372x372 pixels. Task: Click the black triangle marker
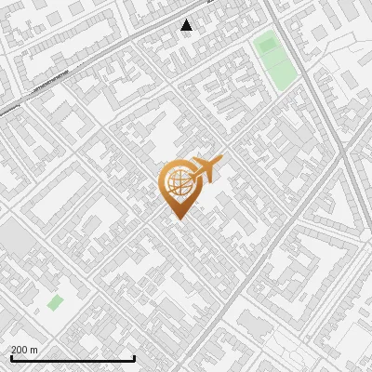pos(187,25)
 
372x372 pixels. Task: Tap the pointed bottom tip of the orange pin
pos(178,219)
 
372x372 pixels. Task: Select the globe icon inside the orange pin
pos(178,185)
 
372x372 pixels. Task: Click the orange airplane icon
pos(206,170)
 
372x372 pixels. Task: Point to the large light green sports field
pos(274,60)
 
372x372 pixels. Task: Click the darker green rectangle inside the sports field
pos(268,43)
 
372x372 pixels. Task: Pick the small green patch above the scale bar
pos(56,302)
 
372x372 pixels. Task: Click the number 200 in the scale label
pos(20,349)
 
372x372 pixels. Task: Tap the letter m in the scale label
pos(34,349)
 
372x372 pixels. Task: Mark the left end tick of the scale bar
pos(10,358)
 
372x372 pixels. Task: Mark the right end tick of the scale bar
pos(135,358)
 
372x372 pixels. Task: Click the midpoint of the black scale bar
pos(73,359)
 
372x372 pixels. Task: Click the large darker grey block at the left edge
pos(13,240)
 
